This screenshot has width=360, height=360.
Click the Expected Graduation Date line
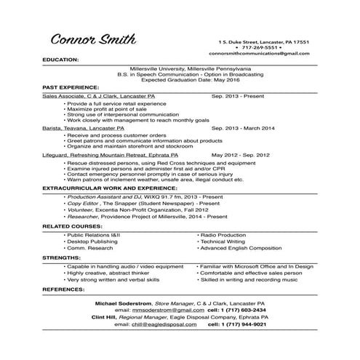pyautogui.click(x=180, y=79)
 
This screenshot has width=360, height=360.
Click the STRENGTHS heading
pyautogui.click(x=61, y=257)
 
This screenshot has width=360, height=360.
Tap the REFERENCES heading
pyautogui.click(x=64, y=289)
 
